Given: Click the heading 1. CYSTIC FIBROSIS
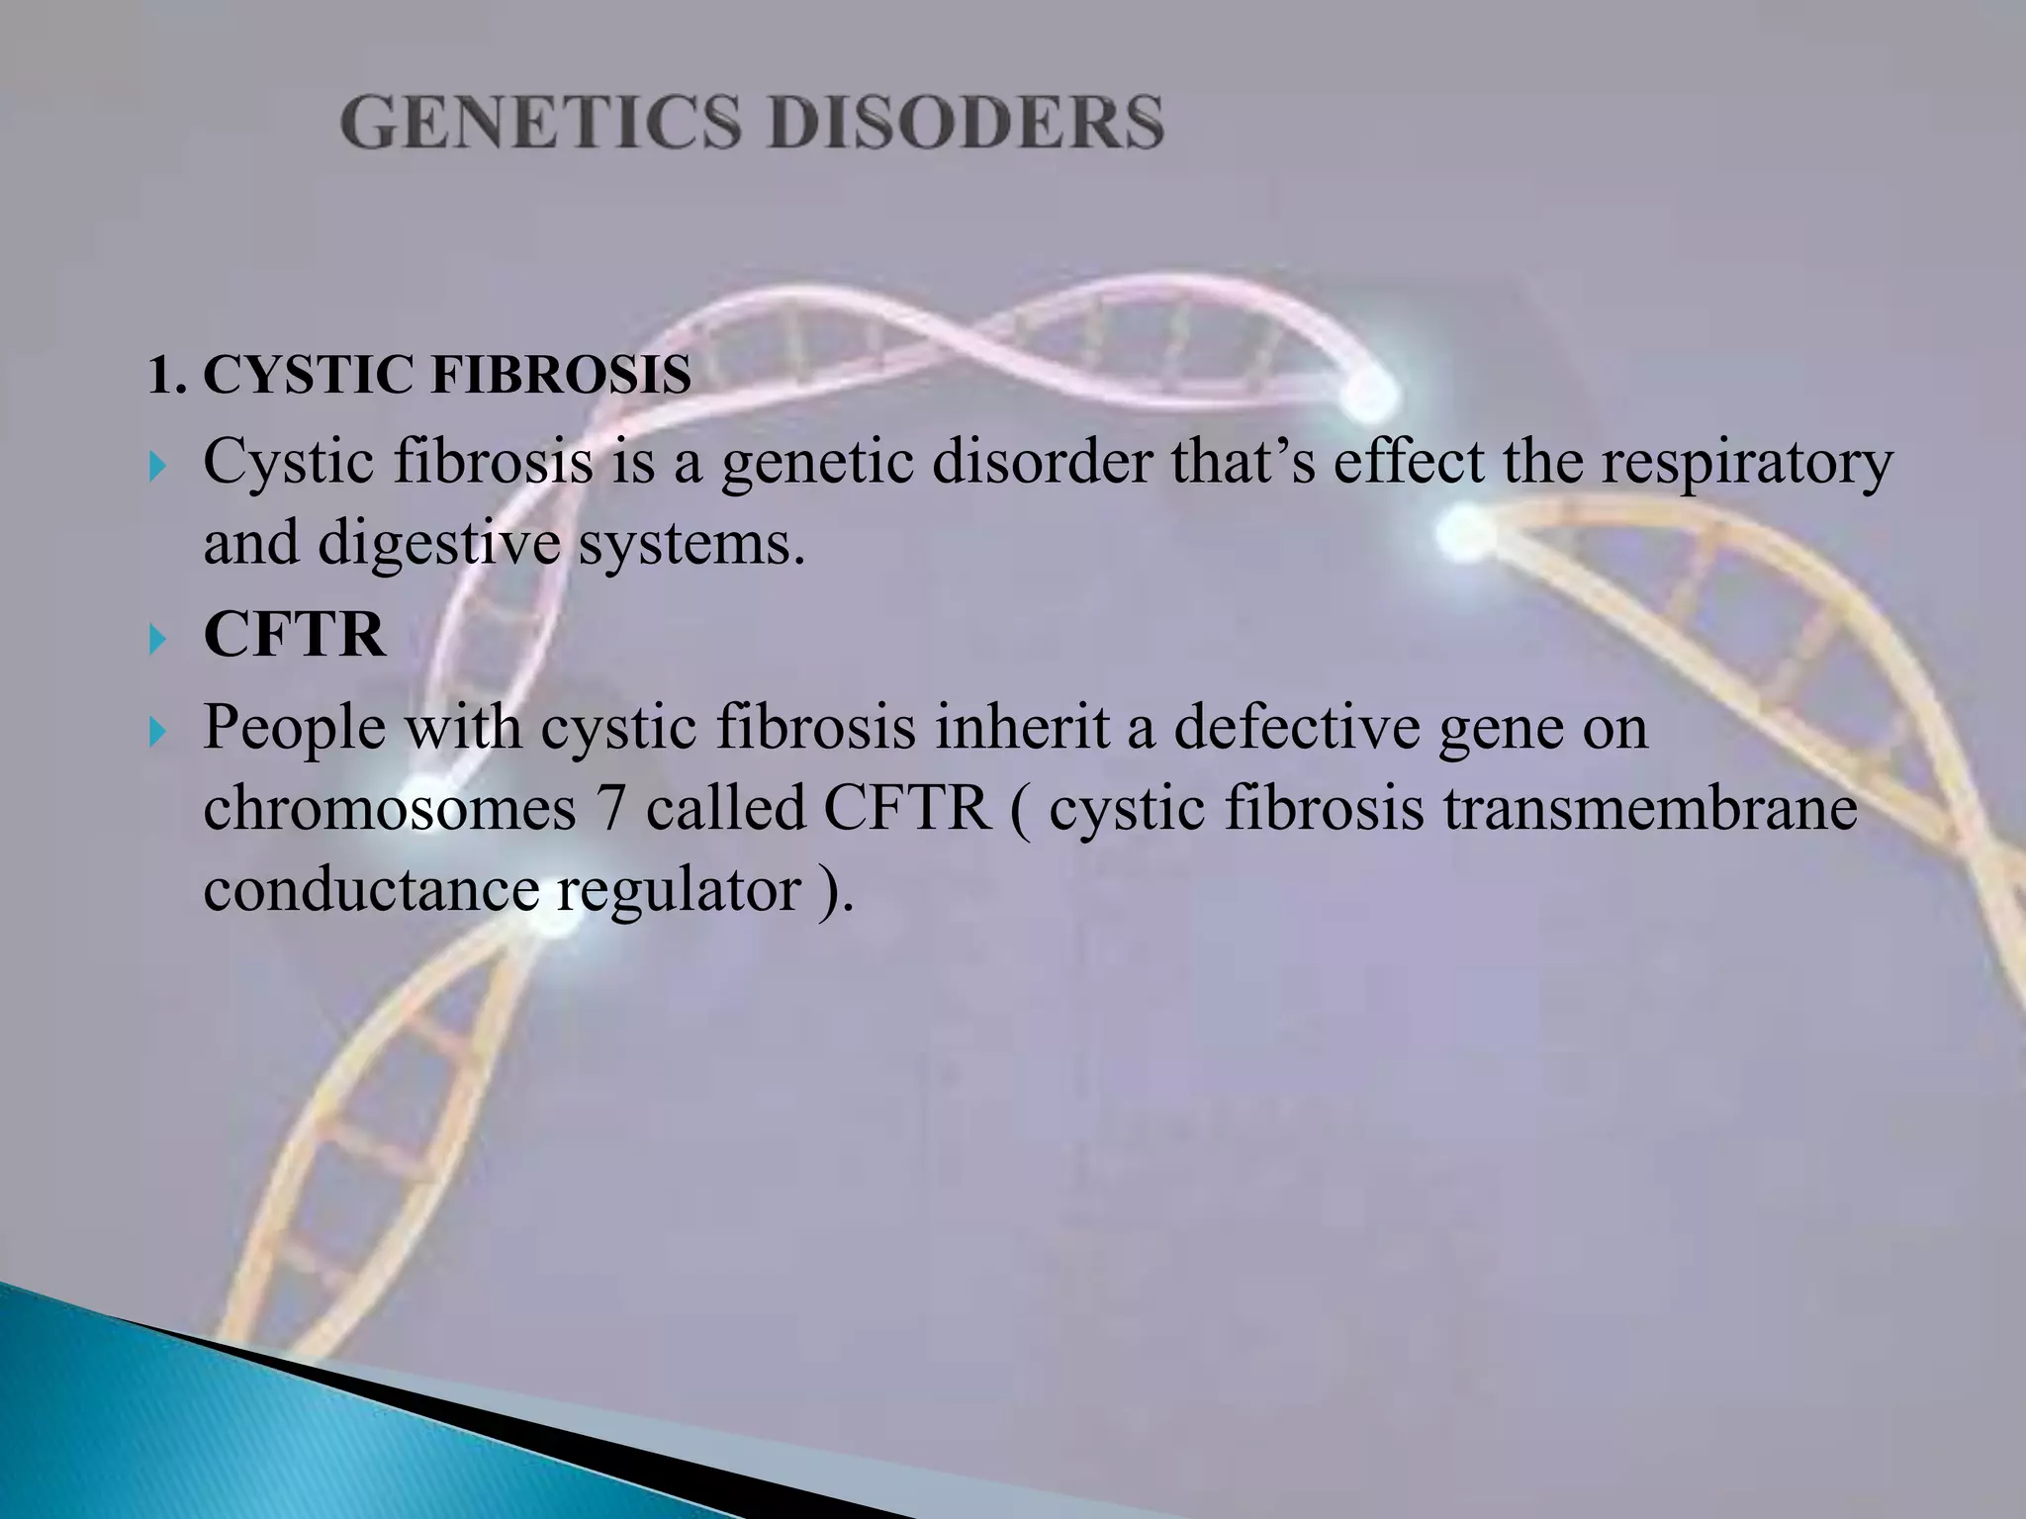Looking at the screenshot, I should point(418,376).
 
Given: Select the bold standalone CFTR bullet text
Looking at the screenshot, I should point(294,635).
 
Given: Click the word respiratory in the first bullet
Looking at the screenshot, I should point(1747,463).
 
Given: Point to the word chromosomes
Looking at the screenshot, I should point(390,809).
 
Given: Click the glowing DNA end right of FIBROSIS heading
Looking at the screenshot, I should point(1371,393).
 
